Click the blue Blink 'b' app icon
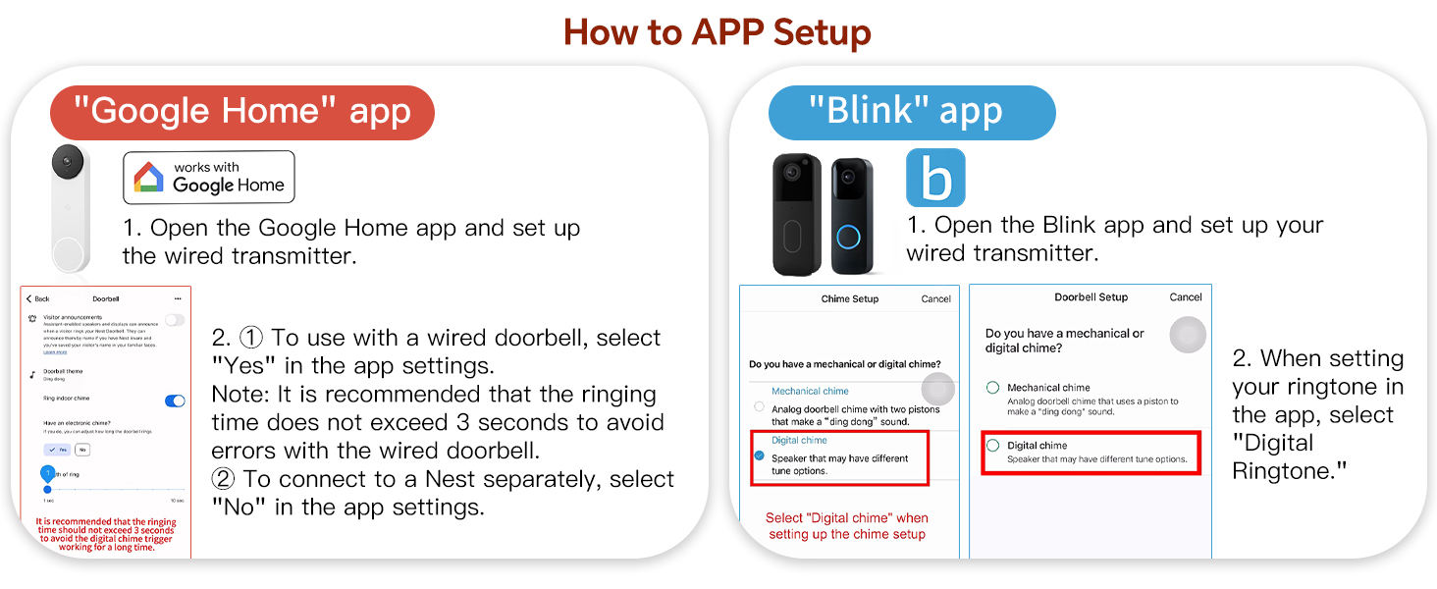935,178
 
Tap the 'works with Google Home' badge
208,177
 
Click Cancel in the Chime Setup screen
935,299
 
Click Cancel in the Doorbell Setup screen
1186,297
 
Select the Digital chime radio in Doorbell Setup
993,446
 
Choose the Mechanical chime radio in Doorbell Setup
993,388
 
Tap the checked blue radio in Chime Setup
759,456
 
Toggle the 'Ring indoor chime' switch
175,401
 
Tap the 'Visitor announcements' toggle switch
175,320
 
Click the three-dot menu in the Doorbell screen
178,298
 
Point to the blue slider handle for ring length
47,488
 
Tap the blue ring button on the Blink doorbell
848,238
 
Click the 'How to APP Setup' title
718,32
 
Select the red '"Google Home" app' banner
241,112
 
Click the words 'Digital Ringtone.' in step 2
1288,457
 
